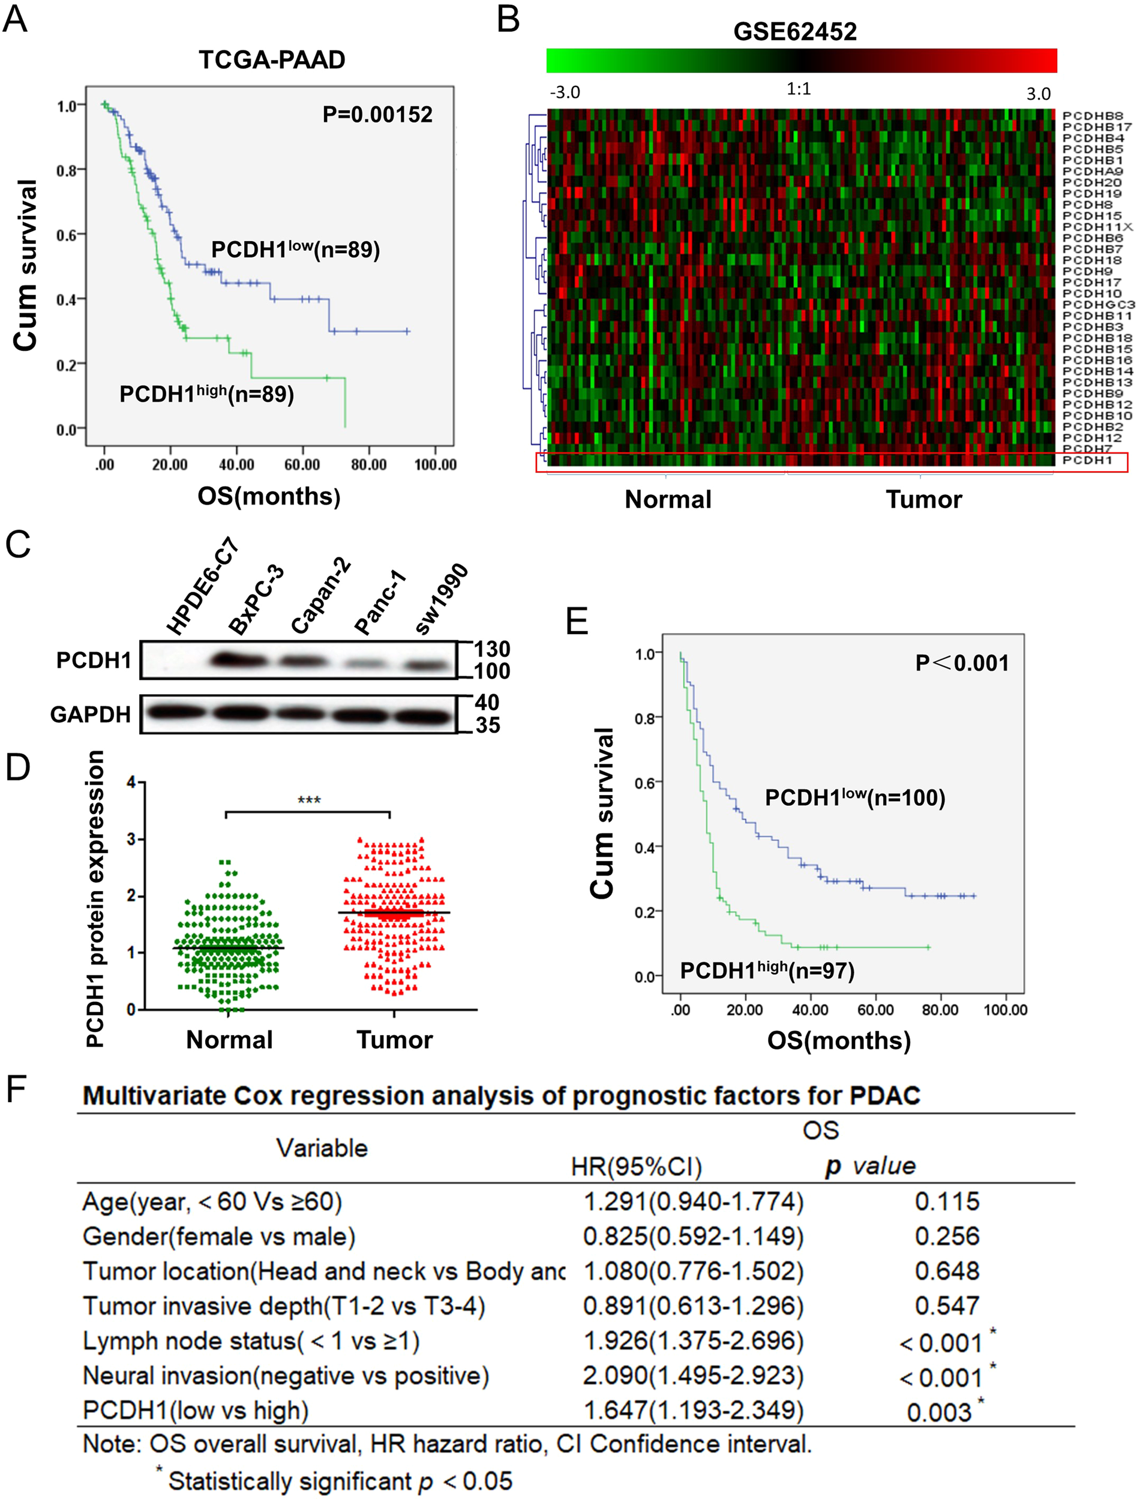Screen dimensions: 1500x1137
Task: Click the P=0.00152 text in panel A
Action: tap(377, 114)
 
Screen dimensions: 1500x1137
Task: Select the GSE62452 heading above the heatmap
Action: tap(794, 31)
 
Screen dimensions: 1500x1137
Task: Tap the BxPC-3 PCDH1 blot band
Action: tap(239, 659)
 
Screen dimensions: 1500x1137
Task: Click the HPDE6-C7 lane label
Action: tap(202, 587)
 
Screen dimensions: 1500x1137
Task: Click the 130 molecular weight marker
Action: tap(491, 649)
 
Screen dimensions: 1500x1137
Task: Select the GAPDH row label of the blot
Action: tap(90, 714)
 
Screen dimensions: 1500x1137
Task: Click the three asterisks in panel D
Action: tap(309, 800)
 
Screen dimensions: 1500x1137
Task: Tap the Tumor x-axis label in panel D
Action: tap(395, 1040)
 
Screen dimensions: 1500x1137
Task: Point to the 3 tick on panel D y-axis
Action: tap(131, 839)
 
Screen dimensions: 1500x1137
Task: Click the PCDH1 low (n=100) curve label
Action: tap(854, 797)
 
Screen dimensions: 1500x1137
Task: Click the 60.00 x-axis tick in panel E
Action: tap(875, 1010)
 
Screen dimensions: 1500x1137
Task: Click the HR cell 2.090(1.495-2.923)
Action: tap(693, 1375)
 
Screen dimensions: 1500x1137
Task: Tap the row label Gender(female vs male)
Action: tap(219, 1236)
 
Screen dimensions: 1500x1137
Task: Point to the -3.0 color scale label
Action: tap(564, 92)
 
